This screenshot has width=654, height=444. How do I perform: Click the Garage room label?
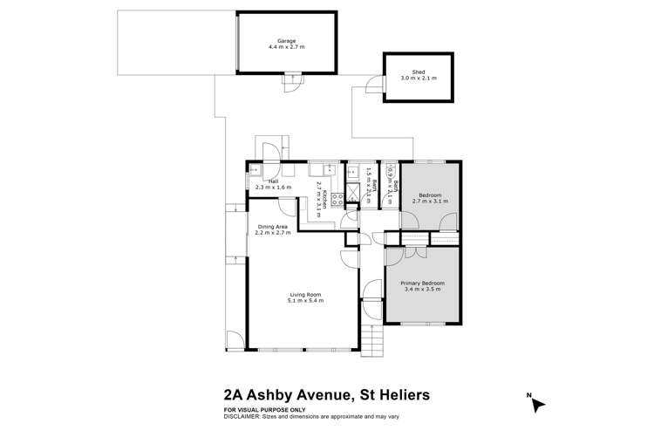[x=287, y=41]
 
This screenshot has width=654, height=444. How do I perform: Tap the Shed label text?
[x=419, y=72]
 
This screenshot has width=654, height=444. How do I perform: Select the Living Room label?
[x=306, y=295]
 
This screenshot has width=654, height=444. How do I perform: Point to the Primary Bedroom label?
[x=422, y=283]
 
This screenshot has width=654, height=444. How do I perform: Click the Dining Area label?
[x=273, y=227]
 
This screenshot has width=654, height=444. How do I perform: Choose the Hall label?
[x=273, y=181]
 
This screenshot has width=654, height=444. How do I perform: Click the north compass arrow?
[x=538, y=404]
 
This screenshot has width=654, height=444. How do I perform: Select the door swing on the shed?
[x=373, y=85]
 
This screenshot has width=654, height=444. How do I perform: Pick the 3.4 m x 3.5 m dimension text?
[x=422, y=290]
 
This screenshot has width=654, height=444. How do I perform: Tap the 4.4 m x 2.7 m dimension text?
[x=287, y=47]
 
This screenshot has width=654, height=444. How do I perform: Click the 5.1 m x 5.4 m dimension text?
[x=306, y=301]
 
